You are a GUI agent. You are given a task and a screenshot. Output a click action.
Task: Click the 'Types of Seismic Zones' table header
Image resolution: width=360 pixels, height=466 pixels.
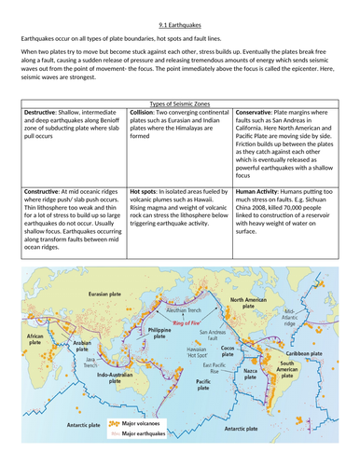(179, 102)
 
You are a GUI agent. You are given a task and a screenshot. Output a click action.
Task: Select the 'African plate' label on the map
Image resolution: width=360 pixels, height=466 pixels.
(35, 339)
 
